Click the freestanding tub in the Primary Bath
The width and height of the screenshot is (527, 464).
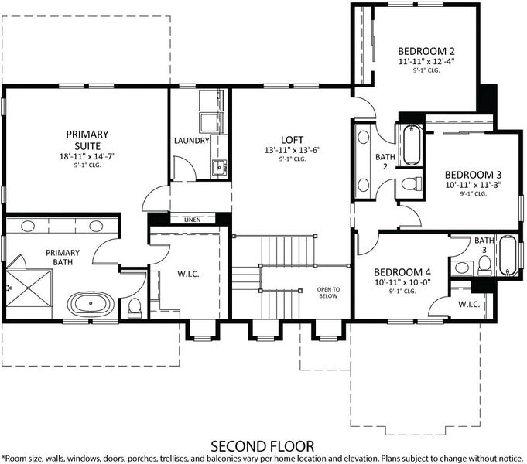pos(91,303)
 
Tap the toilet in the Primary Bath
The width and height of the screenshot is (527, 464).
pos(135,308)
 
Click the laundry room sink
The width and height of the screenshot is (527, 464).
pos(219,167)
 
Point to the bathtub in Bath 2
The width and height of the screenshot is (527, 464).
pos(412,145)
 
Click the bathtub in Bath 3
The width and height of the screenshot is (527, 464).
pos(507,256)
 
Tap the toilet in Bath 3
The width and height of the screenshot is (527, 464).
pos(484,264)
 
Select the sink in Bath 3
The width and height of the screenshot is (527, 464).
pos(461,268)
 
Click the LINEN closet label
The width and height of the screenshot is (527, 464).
pos(193,220)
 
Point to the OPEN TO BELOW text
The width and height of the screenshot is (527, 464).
pos(328,292)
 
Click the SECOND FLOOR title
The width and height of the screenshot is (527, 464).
pos(262,446)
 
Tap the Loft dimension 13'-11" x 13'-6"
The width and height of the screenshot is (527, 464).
pos(293,150)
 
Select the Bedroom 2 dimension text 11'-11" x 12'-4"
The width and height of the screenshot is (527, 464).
pos(426,62)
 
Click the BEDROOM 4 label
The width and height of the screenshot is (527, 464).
pos(402,272)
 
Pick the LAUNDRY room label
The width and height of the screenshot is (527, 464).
pos(192,141)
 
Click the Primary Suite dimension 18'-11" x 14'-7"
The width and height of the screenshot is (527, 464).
pos(87,156)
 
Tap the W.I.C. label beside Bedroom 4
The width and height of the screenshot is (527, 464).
pos(469,305)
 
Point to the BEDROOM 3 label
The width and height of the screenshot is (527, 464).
pos(474,175)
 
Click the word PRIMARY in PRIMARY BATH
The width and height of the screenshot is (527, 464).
pos(63,253)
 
